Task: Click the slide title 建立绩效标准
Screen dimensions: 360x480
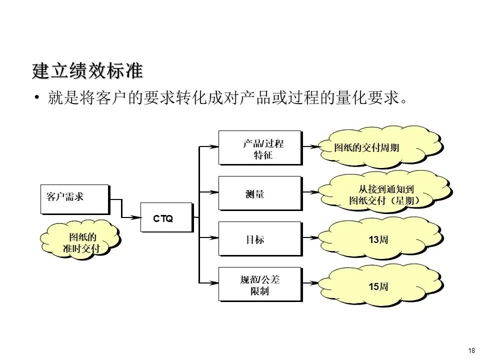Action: pyautogui.click(x=87, y=71)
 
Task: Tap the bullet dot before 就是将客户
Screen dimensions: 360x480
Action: pyautogui.click(x=36, y=97)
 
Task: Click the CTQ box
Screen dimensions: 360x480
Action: pyautogui.click(x=165, y=217)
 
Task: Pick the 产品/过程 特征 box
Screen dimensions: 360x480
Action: pyautogui.click(x=259, y=148)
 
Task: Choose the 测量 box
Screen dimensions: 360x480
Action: pyautogui.click(x=259, y=193)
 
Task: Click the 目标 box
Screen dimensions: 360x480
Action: pyautogui.click(x=259, y=239)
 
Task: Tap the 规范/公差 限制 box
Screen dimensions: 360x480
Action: pyautogui.click(x=259, y=284)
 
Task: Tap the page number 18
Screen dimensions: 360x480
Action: pyautogui.click(x=471, y=350)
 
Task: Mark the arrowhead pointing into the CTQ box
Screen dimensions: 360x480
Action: pyautogui.click(x=136, y=217)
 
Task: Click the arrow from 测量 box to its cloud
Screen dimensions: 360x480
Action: pyautogui.click(x=312, y=191)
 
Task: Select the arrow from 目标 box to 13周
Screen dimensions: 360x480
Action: pyautogui.click(x=312, y=237)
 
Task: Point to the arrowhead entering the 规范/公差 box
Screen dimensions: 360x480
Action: pyautogui.click(x=213, y=283)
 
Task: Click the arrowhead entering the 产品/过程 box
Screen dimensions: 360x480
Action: pyautogui.click(x=213, y=146)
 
